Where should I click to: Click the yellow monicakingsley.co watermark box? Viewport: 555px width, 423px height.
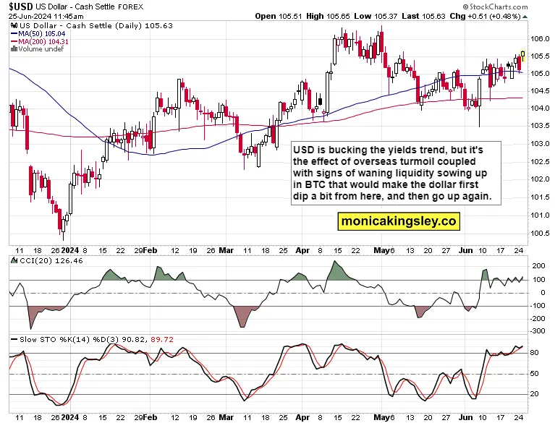(399, 221)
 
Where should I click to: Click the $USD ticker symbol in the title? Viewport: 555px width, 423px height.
(21, 7)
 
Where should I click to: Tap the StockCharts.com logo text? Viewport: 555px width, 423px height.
(495, 7)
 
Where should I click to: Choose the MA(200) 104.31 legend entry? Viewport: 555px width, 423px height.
(39, 41)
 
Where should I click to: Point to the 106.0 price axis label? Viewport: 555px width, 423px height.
(539, 38)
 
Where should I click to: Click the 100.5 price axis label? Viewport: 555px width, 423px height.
(539, 233)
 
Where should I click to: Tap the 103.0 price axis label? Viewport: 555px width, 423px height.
(539, 144)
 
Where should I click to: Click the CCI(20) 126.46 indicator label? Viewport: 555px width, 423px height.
(47, 261)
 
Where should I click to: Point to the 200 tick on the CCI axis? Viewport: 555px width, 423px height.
(538, 266)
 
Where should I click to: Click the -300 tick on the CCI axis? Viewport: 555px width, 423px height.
(538, 331)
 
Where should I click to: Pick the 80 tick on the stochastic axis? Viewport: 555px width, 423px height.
(535, 353)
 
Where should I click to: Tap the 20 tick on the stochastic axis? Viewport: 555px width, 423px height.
(535, 393)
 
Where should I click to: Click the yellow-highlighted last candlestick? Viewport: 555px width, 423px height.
(523, 56)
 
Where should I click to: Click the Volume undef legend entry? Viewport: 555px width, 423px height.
(37, 49)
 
